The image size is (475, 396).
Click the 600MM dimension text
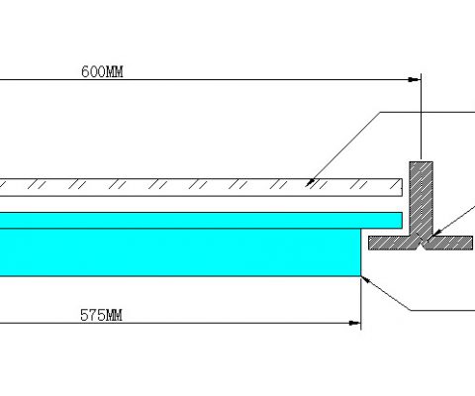102,72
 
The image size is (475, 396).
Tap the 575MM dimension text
101,315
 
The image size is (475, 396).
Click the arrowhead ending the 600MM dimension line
414,79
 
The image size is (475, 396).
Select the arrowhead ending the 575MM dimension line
355,323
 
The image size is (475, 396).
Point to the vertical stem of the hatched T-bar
422,198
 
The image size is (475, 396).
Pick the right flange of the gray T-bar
450,243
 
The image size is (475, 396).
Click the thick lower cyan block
180,252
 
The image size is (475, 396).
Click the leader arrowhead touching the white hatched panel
310,183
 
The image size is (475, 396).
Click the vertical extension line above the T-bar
421,118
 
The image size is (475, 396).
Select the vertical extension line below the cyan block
361,303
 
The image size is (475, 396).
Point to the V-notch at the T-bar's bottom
422,244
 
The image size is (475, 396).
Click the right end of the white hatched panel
402,187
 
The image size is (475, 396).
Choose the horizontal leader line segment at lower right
442,310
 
